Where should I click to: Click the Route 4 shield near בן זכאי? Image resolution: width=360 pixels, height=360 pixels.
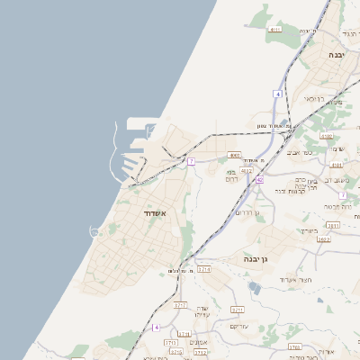279,94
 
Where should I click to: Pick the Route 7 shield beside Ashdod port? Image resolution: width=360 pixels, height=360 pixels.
191,161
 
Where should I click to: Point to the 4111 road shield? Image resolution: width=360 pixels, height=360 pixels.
274,29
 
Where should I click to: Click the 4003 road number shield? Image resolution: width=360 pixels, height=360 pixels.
234,154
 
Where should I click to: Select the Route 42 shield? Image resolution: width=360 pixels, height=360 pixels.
259,180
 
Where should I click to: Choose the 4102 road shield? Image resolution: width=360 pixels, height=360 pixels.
326,137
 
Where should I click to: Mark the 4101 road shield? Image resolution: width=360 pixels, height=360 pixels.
337,166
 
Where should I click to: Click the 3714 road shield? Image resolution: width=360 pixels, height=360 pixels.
204,269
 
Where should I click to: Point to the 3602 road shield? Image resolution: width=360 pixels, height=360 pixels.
324,239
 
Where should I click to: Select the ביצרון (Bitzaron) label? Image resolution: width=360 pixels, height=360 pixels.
309,229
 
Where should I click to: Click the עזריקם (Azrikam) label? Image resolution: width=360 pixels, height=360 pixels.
238,325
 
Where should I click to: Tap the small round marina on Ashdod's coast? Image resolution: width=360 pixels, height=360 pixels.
94,231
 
